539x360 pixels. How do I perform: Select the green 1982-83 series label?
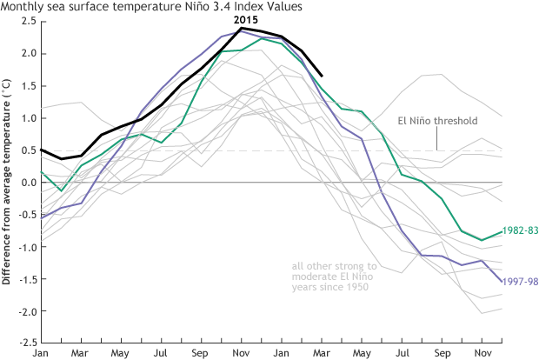pyautogui.click(x=522, y=230)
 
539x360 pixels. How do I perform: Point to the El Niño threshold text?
pyautogui.click(x=437, y=121)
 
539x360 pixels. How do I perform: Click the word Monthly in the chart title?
pyautogui.click(x=22, y=7)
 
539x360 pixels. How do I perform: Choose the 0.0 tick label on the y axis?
pyautogui.click(x=29, y=183)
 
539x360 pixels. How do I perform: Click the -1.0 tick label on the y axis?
pyautogui.click(x=27, y=247)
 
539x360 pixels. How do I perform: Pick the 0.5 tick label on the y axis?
pyautogui.click(x=29, y=150)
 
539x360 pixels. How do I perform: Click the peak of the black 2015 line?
pyautogui.click(x=242, y=28)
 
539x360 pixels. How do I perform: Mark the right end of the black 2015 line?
pyautogui.click(x=323, y=76)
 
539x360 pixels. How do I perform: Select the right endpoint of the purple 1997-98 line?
pyautogui.click(x=502, y=281)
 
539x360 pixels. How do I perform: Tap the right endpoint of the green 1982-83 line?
pyautogui.click(x=502, y=231)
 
